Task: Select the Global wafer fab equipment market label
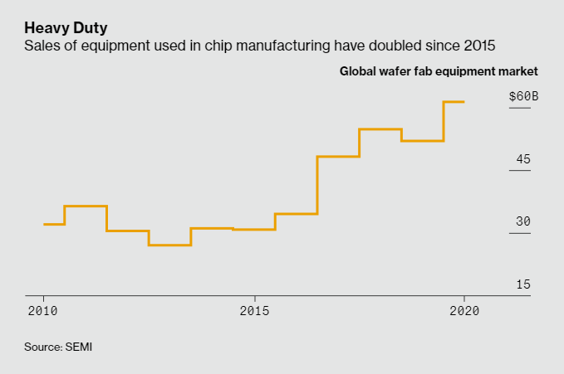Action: coord(439,71)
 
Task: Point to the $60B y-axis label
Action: coord(523,96)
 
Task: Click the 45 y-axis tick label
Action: coord(523,159)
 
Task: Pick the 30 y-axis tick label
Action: coord(523,221)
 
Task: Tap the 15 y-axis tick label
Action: coord(523,284)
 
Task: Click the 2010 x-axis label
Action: coord(43,311)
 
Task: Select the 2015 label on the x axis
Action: coord(254,311)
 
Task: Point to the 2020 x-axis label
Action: coord(463,311)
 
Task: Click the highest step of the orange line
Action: coord(454,102)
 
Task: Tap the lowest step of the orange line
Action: coord(169,245)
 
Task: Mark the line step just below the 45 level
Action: coord(338,156)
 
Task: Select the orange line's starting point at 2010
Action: coord(44,224)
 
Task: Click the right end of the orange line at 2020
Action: coord(463,102)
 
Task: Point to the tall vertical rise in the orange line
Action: coord(317,185)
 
